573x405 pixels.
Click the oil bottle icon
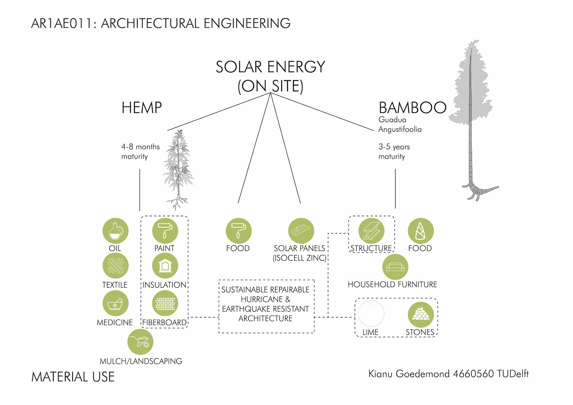point(115,231)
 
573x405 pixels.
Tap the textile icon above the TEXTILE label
point(115,266)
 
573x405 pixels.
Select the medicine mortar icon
point(115,303)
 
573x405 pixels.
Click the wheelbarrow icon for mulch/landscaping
point(140,342)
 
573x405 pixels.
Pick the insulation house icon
point(165,266)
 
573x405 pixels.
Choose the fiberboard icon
point(165,303)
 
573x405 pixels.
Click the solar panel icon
point(301,231)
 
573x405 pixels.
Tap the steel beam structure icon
point(371,231)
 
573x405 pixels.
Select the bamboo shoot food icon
point(420,231)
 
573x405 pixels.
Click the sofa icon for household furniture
point(395,267)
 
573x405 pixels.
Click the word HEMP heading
point(141,108)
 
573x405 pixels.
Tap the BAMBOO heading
point(412,108)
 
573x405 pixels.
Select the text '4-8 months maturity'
point(140,152)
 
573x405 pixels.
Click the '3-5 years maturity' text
point(394,152)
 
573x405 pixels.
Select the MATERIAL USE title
point(73,377)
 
